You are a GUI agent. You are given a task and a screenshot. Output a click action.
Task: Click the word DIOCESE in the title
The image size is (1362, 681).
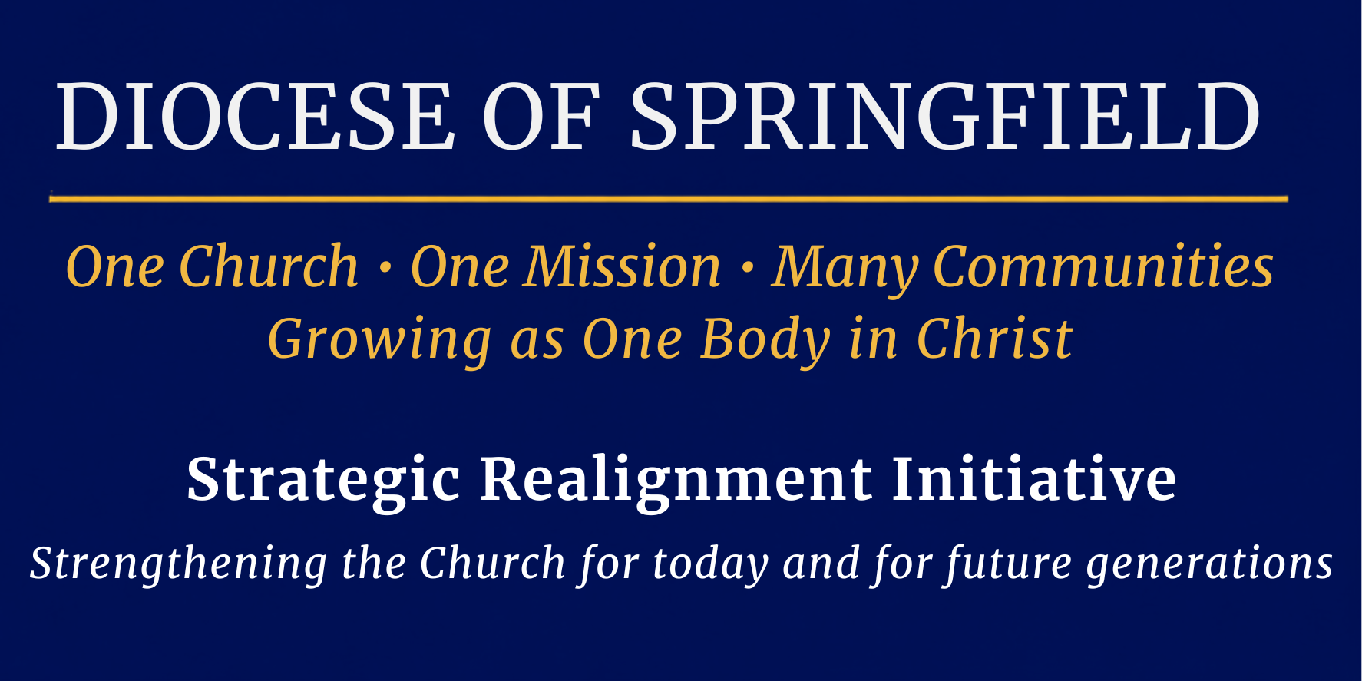256,116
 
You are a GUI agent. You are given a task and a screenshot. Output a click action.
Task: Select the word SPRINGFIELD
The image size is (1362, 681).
944,116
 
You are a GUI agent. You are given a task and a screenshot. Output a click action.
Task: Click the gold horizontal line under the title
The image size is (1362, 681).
668,199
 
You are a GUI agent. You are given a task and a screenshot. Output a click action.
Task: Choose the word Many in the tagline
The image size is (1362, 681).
845,271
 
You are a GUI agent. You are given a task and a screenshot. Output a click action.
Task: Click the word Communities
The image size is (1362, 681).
1103,266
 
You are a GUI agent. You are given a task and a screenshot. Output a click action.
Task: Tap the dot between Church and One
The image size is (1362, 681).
385,269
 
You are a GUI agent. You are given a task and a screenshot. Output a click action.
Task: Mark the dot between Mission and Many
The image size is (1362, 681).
747,269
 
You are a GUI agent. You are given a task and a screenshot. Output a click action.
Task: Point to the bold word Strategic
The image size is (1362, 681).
323,481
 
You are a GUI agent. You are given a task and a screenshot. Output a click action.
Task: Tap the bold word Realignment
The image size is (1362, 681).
676,481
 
